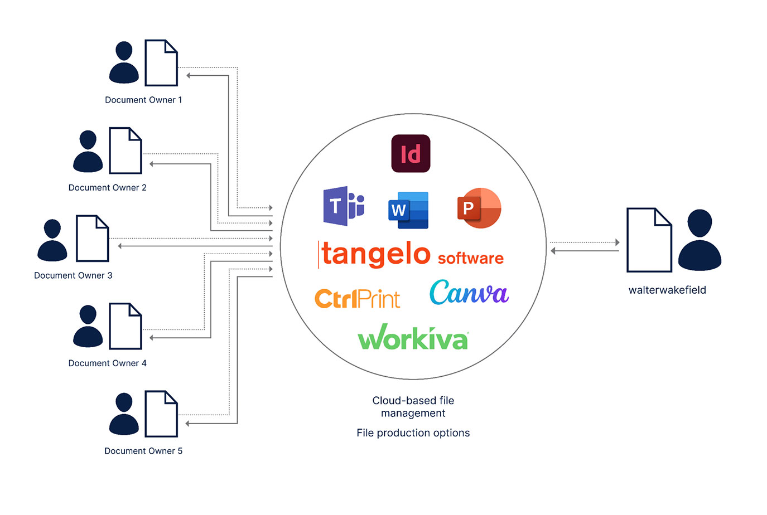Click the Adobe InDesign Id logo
click(x=411, y=153)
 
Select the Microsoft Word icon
click(x=408, y=210)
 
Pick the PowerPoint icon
click(x=479, y=208)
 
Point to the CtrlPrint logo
click(x=357, y=299)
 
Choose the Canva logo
click(x=469, y=293)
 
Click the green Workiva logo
click(x=413, y=338)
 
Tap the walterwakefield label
click(x=667, y=290)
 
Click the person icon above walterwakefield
click(x=700, y=240)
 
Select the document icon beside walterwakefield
click(x=649, y=240)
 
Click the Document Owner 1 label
click(x=143, y=100)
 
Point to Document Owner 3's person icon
click(x=52, y=240)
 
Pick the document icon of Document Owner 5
click(x=161, y=414)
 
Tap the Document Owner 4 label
click(x=107, y=363)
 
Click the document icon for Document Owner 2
click(x=126, y=150)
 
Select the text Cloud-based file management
click(x=413, y=407)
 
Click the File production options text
click(x=413, y=433)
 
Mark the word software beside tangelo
click(x=470, y=258)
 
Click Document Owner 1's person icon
click(x=124, y=62)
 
